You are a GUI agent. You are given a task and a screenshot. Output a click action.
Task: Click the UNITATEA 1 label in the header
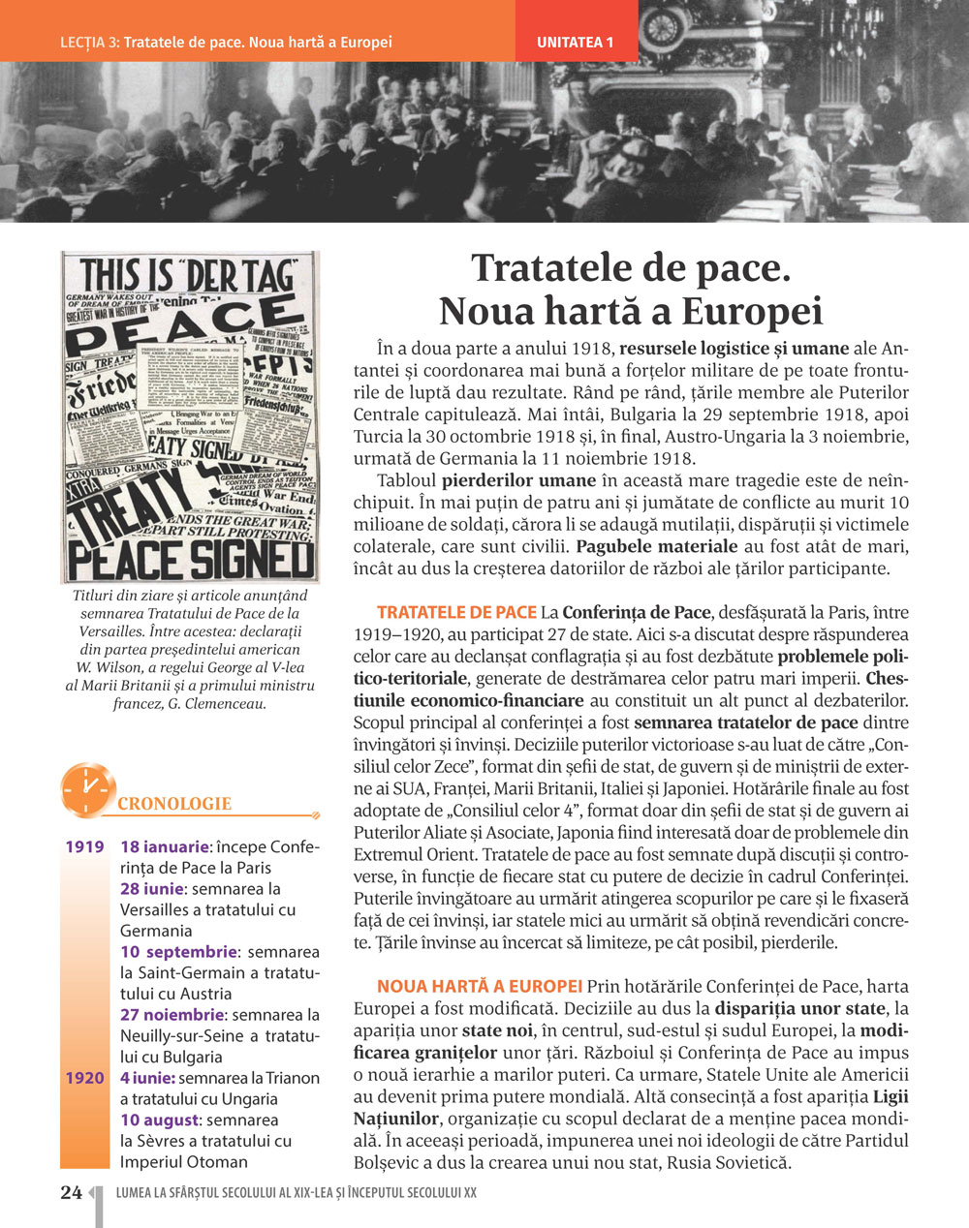point(576,43)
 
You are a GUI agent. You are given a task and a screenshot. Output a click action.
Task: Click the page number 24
point(71,1192)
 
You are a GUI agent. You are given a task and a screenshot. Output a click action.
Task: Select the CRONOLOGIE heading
point(174,804)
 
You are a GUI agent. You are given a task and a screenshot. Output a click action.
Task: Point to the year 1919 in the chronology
point(84,847)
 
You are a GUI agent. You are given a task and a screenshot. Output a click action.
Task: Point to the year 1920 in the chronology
point(84,1078)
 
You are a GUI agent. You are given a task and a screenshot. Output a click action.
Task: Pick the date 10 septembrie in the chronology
point(178,952)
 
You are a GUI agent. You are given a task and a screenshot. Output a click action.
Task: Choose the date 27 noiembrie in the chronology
point(172,1015)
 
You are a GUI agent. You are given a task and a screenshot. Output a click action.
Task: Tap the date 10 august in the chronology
point(159,1121)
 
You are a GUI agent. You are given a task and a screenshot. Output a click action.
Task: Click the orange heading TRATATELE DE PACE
point(456,612)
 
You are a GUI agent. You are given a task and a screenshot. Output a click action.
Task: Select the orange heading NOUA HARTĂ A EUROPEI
point(480,987)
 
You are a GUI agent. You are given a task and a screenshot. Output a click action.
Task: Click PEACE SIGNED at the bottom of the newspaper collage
point(190,560)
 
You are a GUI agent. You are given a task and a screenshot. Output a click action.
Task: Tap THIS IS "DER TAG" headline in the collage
point(188,275)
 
